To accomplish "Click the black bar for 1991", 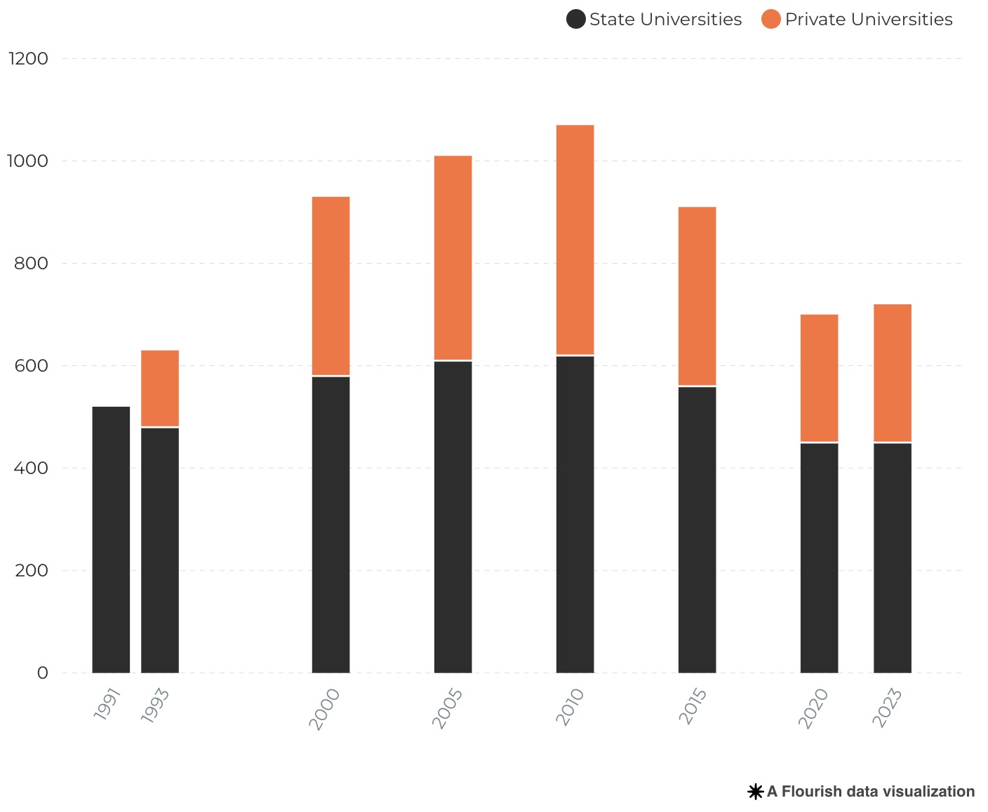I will [111, 540].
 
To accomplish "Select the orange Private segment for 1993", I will [160, 388].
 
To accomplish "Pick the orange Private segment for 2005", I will [453, 257].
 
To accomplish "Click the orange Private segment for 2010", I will [575, 240].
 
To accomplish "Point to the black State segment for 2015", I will [697, 529].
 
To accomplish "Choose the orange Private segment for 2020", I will [819, 378].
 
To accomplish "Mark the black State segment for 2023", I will [892, 557].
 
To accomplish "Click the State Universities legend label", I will [665, 20].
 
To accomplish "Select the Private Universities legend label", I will [868, 20].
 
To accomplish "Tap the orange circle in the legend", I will [770, 20].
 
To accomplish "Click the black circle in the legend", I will [575, 20].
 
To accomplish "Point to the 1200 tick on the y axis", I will [28, 59].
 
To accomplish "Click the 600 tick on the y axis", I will [32, 366].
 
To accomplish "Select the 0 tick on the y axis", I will [42, 673].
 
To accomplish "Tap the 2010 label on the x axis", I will [570, 707].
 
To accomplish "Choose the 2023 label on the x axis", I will [886, 708].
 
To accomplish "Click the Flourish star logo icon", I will [755, 792].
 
